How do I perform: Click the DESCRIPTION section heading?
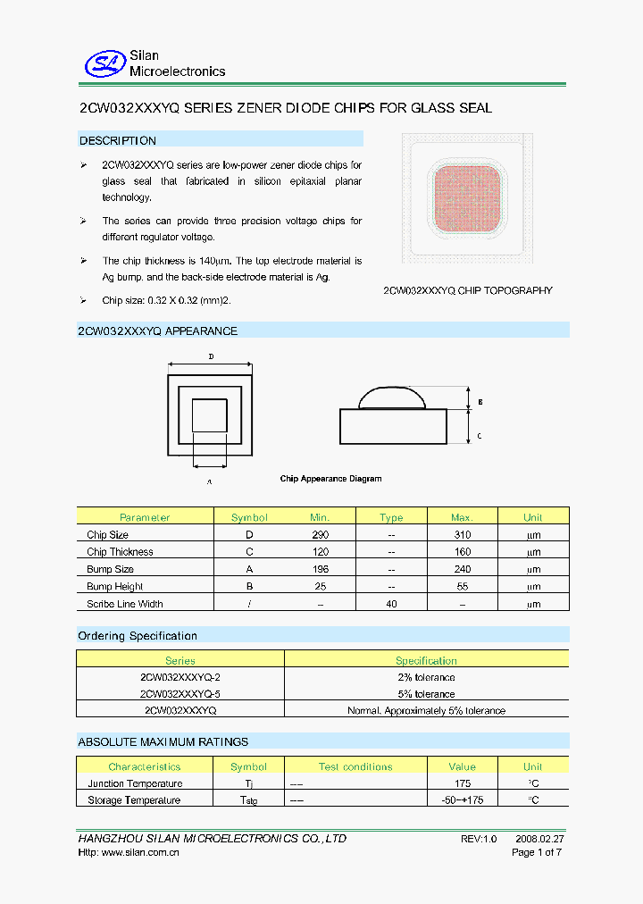118,140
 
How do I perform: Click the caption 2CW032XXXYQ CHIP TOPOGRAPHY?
468,290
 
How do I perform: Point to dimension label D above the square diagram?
211,356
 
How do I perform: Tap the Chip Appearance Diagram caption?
330,479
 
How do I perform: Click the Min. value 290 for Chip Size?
321,534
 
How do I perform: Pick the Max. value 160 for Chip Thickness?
463,552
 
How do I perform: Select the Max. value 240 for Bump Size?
463,569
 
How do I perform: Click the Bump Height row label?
110,587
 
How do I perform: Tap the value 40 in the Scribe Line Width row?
391,604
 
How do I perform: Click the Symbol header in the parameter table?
249,517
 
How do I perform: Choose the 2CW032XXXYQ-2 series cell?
180,677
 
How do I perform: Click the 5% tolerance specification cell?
426,694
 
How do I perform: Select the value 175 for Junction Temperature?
463,783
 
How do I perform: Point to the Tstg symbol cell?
249,801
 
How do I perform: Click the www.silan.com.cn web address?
142,853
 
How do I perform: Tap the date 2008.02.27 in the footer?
539,839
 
